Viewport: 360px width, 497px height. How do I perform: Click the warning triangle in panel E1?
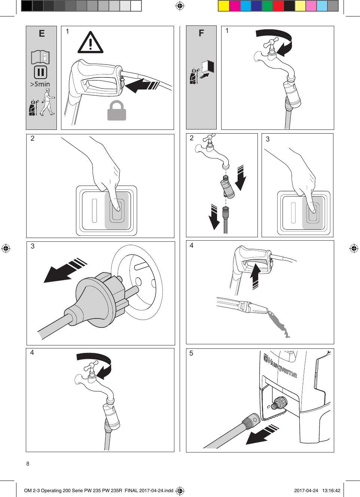(x=90, y=43)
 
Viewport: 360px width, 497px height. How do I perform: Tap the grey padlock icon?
(x=116, y=111)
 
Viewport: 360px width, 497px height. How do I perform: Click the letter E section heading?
(x=42, y=34)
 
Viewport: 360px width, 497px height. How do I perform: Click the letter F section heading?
(x=201, y=33)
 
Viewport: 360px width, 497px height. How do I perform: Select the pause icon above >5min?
(x=40, y=72)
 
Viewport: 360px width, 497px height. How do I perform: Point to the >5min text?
(x=40, y=84)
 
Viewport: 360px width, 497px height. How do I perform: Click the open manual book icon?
(x=40, y=57)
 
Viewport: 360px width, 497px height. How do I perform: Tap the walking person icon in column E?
(x=48, y=102)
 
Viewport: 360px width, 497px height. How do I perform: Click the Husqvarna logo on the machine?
(x=280, y=366)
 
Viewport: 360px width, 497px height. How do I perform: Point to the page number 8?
(x=28, y=464)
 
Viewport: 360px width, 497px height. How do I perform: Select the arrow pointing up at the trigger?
(x=255, y=276)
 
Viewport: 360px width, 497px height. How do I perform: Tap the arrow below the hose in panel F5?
(x=262, y=434)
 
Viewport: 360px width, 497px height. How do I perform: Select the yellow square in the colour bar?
(x=223, y=6)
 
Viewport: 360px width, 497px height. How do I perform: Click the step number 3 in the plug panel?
(x=33, y=246)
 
